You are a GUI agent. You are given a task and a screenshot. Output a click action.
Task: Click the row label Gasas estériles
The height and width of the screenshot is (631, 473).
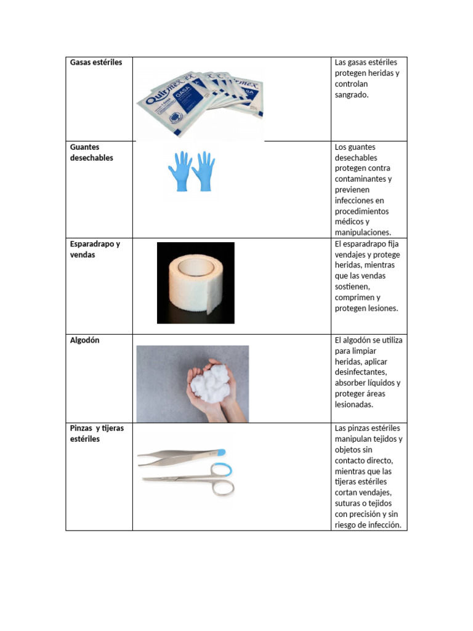pyautogui.click(x=96, y=63)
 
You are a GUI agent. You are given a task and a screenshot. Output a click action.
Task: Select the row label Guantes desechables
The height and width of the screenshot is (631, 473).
pyautogui.click(x=92, y=152)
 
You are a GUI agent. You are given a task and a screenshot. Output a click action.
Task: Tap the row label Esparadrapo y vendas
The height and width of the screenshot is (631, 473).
pyautogui.click(x=95, y=249)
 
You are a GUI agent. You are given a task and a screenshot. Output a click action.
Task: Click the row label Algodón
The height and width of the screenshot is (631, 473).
pyautogui.click(x=85, y=340)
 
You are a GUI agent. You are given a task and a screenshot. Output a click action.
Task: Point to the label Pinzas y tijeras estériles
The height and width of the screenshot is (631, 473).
pyautogui.click(x=97, y=433)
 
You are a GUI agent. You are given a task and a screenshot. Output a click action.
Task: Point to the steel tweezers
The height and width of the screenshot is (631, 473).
pyautogui.click(x=179, y=456)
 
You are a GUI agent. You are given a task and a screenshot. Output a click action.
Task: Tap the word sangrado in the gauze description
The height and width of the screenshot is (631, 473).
pyautogui.click(x=352, y=95)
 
